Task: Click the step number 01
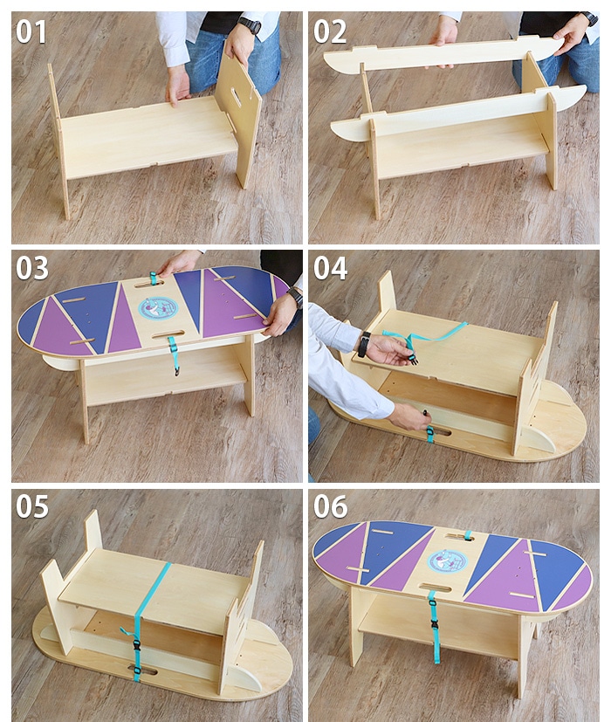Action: point(31,31)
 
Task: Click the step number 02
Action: point(331,31)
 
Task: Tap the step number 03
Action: point(32,268)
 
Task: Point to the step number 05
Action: point(32,506)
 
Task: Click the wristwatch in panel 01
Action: point(250,26)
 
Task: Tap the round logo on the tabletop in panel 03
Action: point(158,307)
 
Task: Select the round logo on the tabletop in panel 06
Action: point(448,560)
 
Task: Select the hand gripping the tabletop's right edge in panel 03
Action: point(279,314)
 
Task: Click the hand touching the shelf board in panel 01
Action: point(178,85)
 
